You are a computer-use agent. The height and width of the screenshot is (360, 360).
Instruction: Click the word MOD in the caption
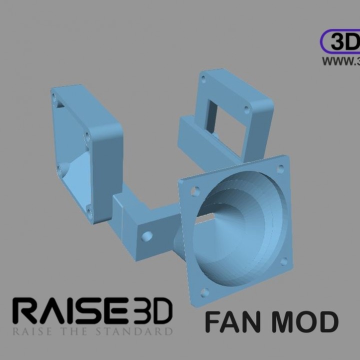pyautogui.click(x=305, y=322)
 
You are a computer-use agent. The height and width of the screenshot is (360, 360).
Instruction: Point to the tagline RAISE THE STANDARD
pyautogui.click(x=93, y=331)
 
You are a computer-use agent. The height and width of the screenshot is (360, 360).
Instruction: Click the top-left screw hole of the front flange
pyautogui.click(x=195, y=190)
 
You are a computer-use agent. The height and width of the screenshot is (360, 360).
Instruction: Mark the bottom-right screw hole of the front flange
pyautogui.click(x=284, y=261)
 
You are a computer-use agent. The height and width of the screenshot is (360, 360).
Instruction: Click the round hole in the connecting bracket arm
pyautogui.click(x=147, y=236)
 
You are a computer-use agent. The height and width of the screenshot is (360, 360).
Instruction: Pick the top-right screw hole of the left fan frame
pyautogui.click(x=87, y=135)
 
